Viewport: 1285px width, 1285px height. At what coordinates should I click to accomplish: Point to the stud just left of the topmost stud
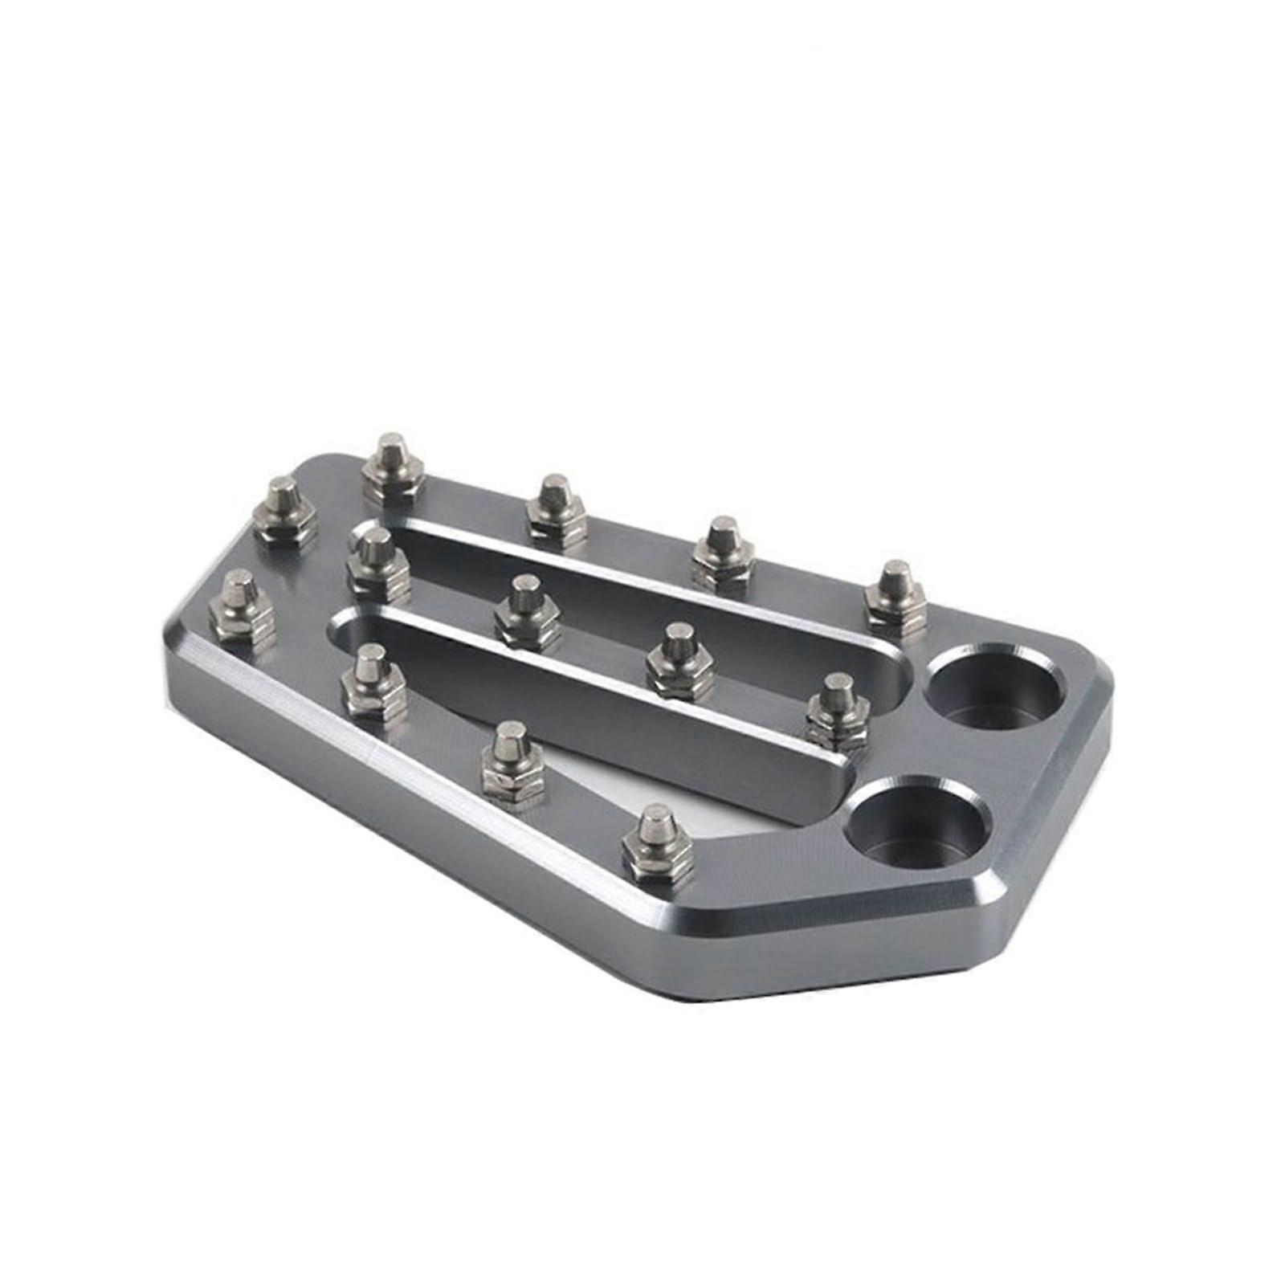[x=284, y=511]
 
